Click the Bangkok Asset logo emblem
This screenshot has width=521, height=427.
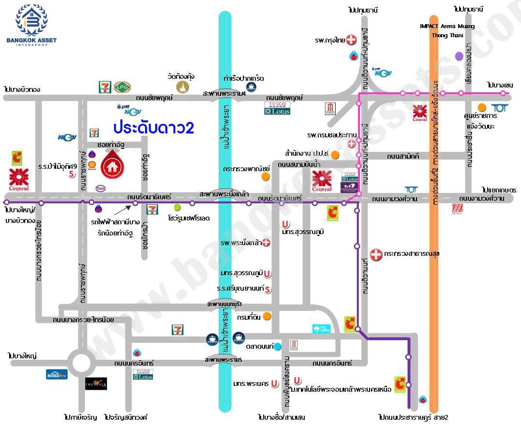point(31,19)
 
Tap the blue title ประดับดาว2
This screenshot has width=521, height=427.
point(154,128)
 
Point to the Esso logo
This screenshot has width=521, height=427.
point(101,188)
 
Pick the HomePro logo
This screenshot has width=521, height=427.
point(57,374)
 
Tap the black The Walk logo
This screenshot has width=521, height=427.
point(96,383)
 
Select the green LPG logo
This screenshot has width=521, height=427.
point(120,87)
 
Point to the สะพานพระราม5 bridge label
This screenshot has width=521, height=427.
point(223,360)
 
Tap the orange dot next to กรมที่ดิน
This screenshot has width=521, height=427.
point(267,316)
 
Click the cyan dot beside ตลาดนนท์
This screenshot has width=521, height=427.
point(278,346)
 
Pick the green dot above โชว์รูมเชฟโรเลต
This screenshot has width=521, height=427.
point(177,207)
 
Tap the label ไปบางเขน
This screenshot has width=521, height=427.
point(500,85)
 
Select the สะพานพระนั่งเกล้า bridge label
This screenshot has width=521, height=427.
point(224,194)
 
